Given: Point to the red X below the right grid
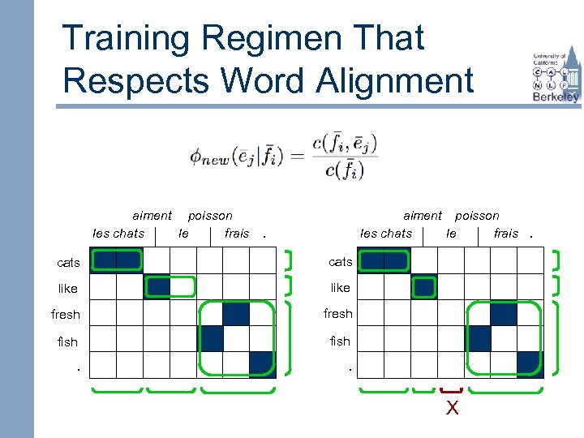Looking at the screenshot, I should [x=452, y=408].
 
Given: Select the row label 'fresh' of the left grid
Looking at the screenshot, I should [x=66, y=315].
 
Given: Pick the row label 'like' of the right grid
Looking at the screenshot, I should [x=341, y=288].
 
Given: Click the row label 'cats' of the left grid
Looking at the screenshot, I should [x=68, y=263].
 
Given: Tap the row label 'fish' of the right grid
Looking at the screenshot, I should [x=341, y=341].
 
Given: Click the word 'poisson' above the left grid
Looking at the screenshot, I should [x=210, y=216].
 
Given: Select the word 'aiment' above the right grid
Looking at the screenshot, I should [x=423, y=216].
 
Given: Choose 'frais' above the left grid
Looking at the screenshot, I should [x=237, y=234].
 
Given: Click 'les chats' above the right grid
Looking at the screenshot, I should [x=386, y=234].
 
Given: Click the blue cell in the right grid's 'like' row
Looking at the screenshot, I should [x=424, y=287].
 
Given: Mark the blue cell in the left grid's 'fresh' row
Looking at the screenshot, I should [x=236, y=314].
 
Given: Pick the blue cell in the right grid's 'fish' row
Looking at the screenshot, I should [x=478, y=339].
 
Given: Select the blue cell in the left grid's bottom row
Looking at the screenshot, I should [x=263, y=365].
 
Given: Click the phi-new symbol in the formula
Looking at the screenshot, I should [x=209, y=157].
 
